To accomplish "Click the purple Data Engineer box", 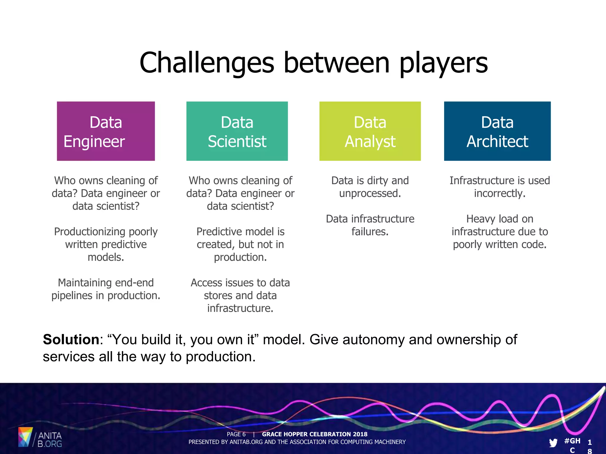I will coord(106,131).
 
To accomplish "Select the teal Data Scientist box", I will coord(237,131).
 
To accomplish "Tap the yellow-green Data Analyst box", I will coord(370,131).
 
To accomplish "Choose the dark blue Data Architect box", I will coord(497,131).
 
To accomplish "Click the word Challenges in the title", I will coord(207,63).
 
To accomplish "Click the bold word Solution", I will coord(71,339).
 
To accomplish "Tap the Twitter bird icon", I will coord(553,442).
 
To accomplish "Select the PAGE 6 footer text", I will coord(236,434).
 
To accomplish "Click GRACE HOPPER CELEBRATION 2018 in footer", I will coord(315,434).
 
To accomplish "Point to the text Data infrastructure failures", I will coord(370,225).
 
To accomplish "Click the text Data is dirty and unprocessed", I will coord(370,187).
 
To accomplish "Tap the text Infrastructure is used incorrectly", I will coord(499,187).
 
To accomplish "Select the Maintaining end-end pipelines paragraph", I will coord(106,289).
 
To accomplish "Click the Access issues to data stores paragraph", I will coord(240,295).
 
